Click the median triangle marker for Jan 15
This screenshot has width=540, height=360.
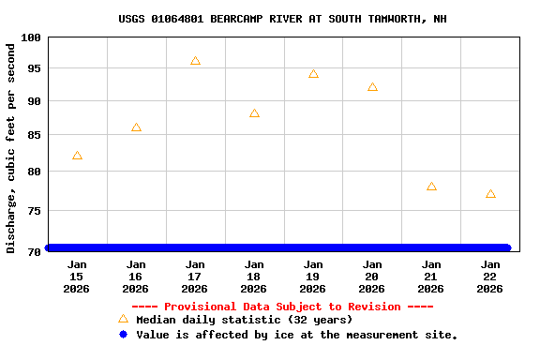(x=77, y=156)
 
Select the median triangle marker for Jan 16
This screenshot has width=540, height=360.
(x=136, y=127)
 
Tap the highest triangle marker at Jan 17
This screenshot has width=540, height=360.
(x=195, y=61)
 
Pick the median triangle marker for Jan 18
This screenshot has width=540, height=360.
(x=254, y=113)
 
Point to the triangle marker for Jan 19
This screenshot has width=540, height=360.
(x=313, y=74)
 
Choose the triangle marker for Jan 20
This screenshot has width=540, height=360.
(x=372, y=87)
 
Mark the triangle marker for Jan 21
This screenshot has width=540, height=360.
(x=431, y=187)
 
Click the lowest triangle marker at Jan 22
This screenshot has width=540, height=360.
(x=490, y=194)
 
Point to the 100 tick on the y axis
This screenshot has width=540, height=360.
(x=31, y=37)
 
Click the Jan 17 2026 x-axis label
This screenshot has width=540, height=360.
(x=195, y=277)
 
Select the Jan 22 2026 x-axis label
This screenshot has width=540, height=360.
(x=490, y=277)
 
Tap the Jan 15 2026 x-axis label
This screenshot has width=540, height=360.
(x=77, y=277)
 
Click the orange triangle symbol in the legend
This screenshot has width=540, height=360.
(x=123, y=320)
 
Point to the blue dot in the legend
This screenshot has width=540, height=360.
(x=123, y=335)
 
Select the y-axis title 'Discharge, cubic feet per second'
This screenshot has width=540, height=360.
(x=11, y=147)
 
